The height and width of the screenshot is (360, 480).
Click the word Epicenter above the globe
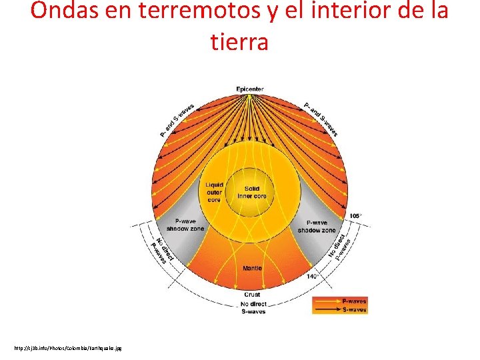pyautogui.click(x=249, y=89)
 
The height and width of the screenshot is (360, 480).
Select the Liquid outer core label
pyautogui.click(x=214, y=191)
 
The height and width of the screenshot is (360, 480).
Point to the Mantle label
pyautogui.click(x=252, y=268)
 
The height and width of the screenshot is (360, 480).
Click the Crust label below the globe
pyautogui.click(x=252, y=294)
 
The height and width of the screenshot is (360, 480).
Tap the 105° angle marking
pyautogui.click(x=355, y=216)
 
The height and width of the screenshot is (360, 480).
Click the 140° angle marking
pyautogui.click(x=313, y=275)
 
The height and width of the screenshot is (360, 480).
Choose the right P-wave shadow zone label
pyautogui.click(x=317, y=226)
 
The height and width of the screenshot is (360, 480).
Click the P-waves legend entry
pyautogui.click(x=353, y=301)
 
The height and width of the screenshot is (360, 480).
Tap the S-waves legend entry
pyautogui.click(x=353, y=309)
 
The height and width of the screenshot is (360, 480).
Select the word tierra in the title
pyautogui.click(x=239, y=42)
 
